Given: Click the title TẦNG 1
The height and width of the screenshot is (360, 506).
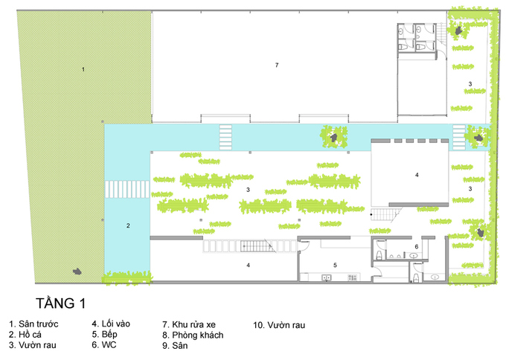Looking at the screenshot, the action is (x=61, y=303).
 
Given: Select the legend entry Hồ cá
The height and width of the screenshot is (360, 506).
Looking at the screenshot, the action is (x=25, y=335).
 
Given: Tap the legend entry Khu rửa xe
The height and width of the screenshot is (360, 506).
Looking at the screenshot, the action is (x=189, y=324).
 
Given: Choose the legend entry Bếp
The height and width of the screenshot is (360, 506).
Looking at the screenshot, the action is (x=105, y=334).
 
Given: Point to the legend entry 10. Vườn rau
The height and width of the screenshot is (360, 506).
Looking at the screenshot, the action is (x=279, y=325).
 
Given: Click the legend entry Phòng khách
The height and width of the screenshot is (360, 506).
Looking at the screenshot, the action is (x=193, y=335).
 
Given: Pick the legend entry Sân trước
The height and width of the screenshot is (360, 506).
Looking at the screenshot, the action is (x=33, y=324).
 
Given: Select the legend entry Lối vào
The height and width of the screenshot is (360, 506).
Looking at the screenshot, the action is (x=111, y=324).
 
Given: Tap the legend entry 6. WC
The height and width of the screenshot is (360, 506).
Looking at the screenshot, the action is (x=104, y=345).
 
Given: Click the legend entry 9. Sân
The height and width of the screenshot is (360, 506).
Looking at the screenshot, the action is (x=175, y=345).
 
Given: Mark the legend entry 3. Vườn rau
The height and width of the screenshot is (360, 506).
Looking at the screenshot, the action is (x=33, y=345).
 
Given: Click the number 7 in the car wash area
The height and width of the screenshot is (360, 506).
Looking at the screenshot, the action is (x=277, y=65).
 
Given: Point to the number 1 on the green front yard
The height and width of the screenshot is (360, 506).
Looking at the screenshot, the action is (x=83, y=69).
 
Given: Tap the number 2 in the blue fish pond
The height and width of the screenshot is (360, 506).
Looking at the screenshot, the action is (x=128, y=225).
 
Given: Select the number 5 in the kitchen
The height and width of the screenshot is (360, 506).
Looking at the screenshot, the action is (x=335, y=265).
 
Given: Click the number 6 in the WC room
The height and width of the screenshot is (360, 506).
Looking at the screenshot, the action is (x=417, y=247).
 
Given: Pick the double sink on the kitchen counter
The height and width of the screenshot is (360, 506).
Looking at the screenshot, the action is (x=326, y=277).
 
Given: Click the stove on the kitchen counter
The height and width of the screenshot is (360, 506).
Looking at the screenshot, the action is (x=352, y=277).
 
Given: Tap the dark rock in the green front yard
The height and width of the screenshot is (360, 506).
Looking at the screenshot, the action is (x=77, y=271).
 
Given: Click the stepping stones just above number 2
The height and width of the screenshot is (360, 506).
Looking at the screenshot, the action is (x=127, y=189).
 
